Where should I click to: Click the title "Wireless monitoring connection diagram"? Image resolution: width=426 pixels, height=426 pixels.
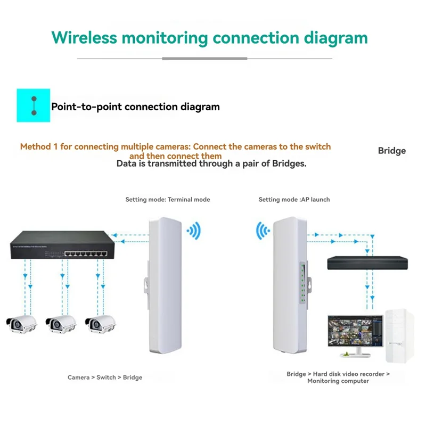[x=209, y=38]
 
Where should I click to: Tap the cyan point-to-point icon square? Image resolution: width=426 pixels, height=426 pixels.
[x=33, y=105]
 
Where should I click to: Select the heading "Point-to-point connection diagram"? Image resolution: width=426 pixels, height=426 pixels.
[x=135, y=106]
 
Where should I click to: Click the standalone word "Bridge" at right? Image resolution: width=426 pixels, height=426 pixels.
[x=391, y=151]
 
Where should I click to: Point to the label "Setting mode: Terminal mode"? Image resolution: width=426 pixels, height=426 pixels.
[x=168, y=200]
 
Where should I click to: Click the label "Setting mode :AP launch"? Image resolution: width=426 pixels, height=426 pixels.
[x=294, y=200]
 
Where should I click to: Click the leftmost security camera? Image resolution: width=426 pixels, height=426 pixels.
[x=21, y=323]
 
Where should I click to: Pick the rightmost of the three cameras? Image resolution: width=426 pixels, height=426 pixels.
[x=100, y=323]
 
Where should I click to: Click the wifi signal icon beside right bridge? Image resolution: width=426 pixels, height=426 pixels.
[x=264, y=231]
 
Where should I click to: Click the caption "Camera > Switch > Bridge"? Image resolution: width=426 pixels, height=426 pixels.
[x=105, y=378]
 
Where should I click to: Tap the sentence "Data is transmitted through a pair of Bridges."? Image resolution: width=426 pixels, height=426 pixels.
[x=211, y=164]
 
